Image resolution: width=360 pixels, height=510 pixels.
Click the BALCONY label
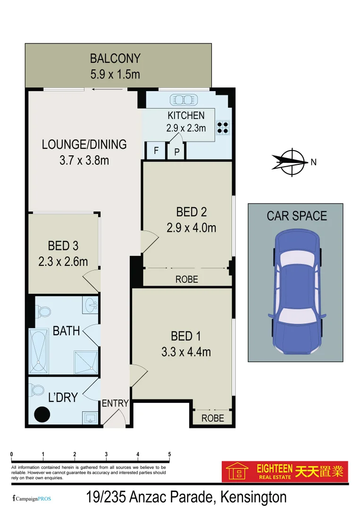pyautogui.click(x=115, y=59)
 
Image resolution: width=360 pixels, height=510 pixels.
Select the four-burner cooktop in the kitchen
pyautogui.click(x=223, y=127)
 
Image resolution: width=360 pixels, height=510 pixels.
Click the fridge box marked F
pyautogui.click(x=156, y=152)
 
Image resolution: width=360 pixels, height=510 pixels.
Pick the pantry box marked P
pyautogui.click(x=177, y=152)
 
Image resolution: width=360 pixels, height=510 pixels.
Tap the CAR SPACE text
pyautogui.click(x=297, y=216)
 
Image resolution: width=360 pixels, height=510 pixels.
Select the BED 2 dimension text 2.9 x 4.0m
pyautogui.click(x=191, y=228)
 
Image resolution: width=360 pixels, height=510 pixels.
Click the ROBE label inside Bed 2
pyautogui.click(x=187, y=279)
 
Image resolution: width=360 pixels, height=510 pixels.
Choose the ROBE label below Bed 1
pyautogui.click(x=213, y=418)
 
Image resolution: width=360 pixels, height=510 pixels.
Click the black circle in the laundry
pyautogui.click(x=42, y=415)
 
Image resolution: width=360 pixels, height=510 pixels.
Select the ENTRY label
pyautogui.click(x=115, y=403)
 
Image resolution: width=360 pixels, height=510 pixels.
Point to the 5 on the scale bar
pyautogui.click(x=169, y=454)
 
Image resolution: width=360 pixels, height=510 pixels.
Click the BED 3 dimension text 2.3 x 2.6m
pyautogui.click(x=63, y=261)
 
